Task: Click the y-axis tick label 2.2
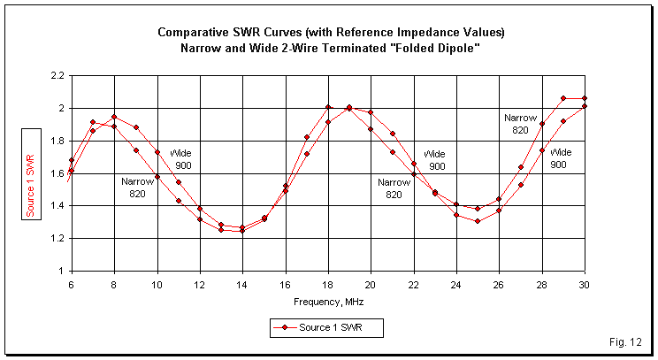pos(56,76)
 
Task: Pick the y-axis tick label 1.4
pos(56,206)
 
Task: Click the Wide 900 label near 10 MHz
pos(180,159)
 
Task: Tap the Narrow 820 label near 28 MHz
pos(516,123)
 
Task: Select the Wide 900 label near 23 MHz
pos(436,160)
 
